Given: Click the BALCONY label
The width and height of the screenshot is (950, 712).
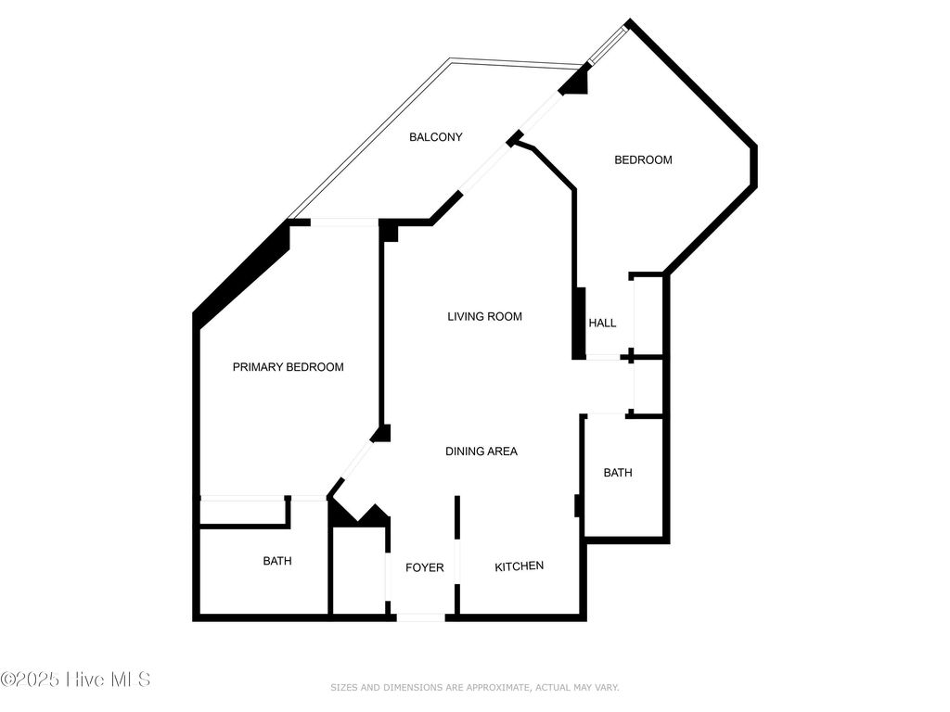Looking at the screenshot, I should pos(436,137).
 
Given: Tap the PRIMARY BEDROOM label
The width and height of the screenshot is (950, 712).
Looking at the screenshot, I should pos(288,367).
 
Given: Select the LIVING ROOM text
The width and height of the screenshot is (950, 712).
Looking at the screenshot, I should pos(484,317).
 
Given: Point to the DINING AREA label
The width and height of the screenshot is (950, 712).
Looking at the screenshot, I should pos(481,451).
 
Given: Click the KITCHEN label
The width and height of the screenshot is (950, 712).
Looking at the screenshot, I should pos(519,566).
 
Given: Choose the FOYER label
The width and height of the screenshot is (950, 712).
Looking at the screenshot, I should pos(425,567).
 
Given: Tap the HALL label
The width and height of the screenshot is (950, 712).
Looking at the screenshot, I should pos(602,324).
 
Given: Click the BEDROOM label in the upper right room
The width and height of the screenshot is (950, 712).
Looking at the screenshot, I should pos(643,160).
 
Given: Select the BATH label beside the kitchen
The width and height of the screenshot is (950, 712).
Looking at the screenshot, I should pos(618,473).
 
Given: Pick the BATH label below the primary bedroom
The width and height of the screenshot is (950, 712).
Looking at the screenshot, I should pos(277,561).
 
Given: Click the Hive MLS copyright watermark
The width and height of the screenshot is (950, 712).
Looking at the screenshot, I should pos(76,680).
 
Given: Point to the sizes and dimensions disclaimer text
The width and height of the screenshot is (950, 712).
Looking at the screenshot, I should pos(474,688).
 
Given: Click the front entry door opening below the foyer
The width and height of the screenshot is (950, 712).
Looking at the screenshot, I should pos(421,617).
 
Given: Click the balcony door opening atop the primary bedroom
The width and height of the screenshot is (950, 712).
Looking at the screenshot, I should pos(344,222).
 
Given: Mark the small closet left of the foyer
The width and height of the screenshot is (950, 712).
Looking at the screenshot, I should pos(358,570).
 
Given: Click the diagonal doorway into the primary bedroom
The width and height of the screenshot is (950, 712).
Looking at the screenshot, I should pos(353,461).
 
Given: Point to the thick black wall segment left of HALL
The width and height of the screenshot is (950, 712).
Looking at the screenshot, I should pos(579,324).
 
